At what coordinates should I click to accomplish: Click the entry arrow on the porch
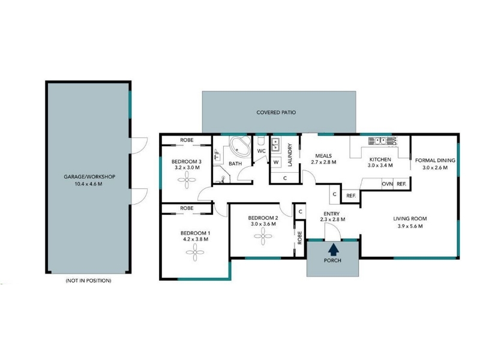coord(334,249)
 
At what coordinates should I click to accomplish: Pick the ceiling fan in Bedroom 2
coord(263,236)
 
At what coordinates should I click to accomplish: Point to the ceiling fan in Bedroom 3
coord(187,179)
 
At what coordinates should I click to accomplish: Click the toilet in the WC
coord(261,141)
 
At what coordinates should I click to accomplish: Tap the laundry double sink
coord(275,145)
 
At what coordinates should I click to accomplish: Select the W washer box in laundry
coord(276,162)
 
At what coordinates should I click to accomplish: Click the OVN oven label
coord(387,184)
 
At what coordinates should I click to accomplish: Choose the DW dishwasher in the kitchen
coord(394,140)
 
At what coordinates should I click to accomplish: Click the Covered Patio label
coord(276,112)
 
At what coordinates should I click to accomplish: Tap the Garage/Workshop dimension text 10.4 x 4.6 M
coord(89,184)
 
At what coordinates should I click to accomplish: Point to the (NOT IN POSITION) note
coord(88,280)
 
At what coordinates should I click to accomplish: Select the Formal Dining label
coord(435,160)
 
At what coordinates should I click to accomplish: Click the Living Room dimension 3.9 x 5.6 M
coord(410,226)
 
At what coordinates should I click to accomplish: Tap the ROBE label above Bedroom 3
coord(187,140)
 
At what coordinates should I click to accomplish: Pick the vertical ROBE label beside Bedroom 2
coord(299,238)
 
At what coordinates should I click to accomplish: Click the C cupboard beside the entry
coord(301,212)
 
